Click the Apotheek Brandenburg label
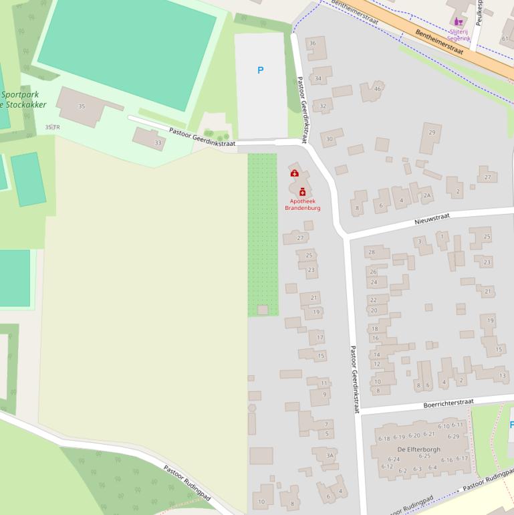pos(302,204)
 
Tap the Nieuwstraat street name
pos(432,218)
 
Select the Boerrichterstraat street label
pos(448,403)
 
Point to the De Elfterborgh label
pos(418,449)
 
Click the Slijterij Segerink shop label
pos(459,35)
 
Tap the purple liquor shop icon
pos(459,21)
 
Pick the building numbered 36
pos(312,43)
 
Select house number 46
pos(378,89)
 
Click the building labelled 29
pos(432,132)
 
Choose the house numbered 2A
pos(427,196)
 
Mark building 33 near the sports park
pos(158,142)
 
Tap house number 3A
pos(329,455)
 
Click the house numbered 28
pos(372,252)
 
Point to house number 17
pos(320,338)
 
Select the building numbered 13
pos(503,376)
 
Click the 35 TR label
pos(52,127)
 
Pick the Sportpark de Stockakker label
pos(23,100)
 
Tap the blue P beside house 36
pos(260,70)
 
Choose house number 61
pos(505,39)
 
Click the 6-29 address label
pos(453,436)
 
